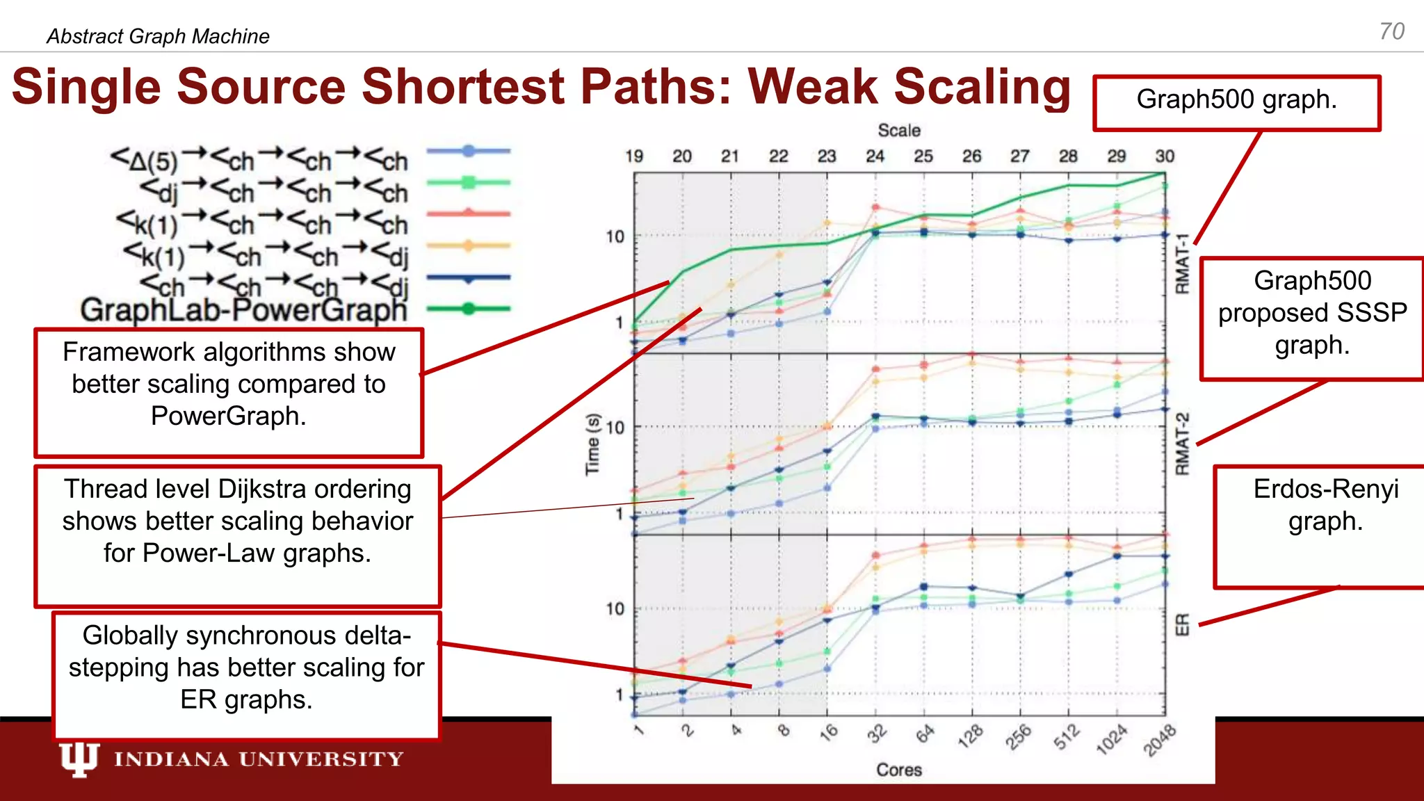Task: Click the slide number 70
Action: click(1391, 31)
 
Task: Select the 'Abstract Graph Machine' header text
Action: click(158, 36)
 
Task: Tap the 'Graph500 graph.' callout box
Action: click(1236, 102)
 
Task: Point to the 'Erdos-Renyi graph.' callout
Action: click(1325, 505)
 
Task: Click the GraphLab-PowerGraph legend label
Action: click(243, 309)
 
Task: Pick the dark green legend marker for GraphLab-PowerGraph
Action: click(469, 309)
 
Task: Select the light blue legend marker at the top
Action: click(469, 150)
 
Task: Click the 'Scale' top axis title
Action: click(898, 131)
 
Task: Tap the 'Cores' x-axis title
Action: click(898, 770)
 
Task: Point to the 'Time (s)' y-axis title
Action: click(592, 445)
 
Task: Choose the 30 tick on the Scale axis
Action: click(1165, 156)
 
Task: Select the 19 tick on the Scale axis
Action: click(633, 156)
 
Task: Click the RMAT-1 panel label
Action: click(1182, 264)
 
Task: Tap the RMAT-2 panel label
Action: click(1182, 444)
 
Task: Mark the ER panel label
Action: click(1182, 624)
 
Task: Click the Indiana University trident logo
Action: click(79, 759)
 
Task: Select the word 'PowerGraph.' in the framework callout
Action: click(228, 416)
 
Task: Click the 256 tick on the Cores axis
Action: click(1018, 738)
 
